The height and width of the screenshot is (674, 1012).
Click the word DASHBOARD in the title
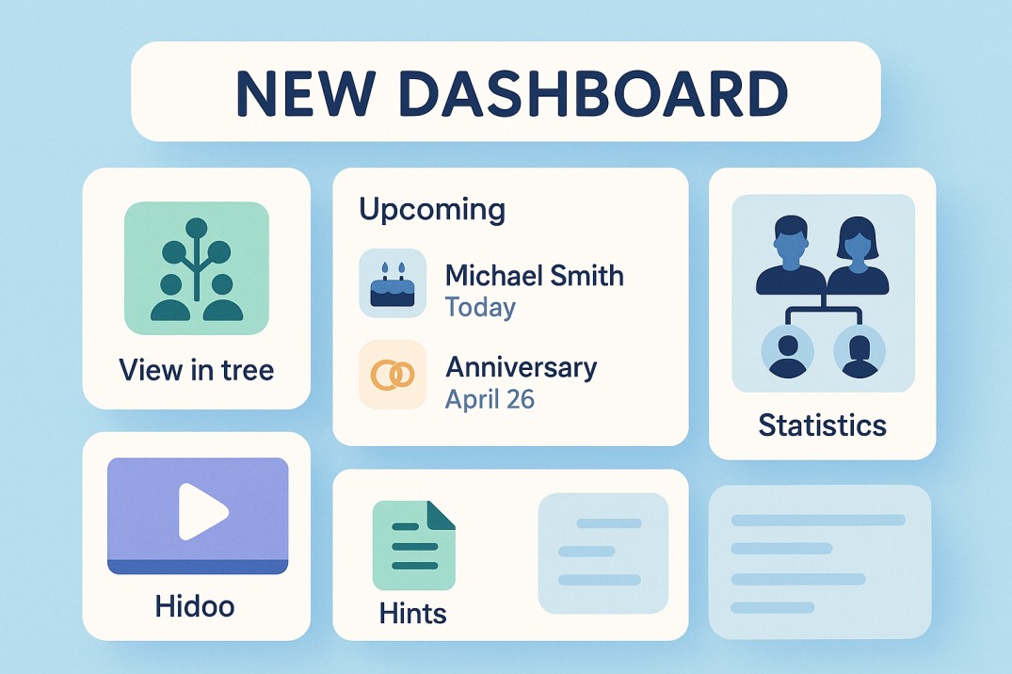pyautogui.click(x=600, y=92)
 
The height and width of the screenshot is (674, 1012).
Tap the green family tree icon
pyautogui.click(x=197, y=268)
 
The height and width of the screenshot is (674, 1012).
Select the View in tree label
pyautogui.click(x=197, y=369)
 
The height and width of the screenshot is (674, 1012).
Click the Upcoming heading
pyautogui.click(x=432, y=209)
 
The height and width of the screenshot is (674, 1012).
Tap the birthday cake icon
pyautogui.click(x=393, y=283)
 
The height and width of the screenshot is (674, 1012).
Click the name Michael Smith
pyautogui.click(x=534, y=276)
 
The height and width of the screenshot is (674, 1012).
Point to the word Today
pyautogui.click(x=480, y=308)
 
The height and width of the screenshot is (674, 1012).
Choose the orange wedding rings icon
pyautogui.click(x=393, y=375)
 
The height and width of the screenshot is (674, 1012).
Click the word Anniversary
pyautogui.click(x=521, y=366)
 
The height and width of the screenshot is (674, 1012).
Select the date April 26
pyautogui.click(x=490, y=398)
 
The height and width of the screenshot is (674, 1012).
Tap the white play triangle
pyautogui.click(x=202, y=511)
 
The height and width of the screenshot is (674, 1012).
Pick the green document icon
pyautogui.click(x=413, y=545)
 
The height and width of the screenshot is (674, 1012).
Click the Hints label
pyautogui.click(x=412, y=614)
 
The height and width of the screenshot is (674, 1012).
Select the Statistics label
pyautogui.click(x=822, y=425)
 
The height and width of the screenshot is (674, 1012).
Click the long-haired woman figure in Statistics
pyautogui.click(x=858, y=255)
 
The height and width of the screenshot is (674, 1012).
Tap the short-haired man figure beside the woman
pyautogui.click(x=789, y=255)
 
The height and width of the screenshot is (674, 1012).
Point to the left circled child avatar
pyautogui.click(x=787, y=350)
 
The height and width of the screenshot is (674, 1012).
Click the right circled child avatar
pyautogui.click(x=859, y=350)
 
